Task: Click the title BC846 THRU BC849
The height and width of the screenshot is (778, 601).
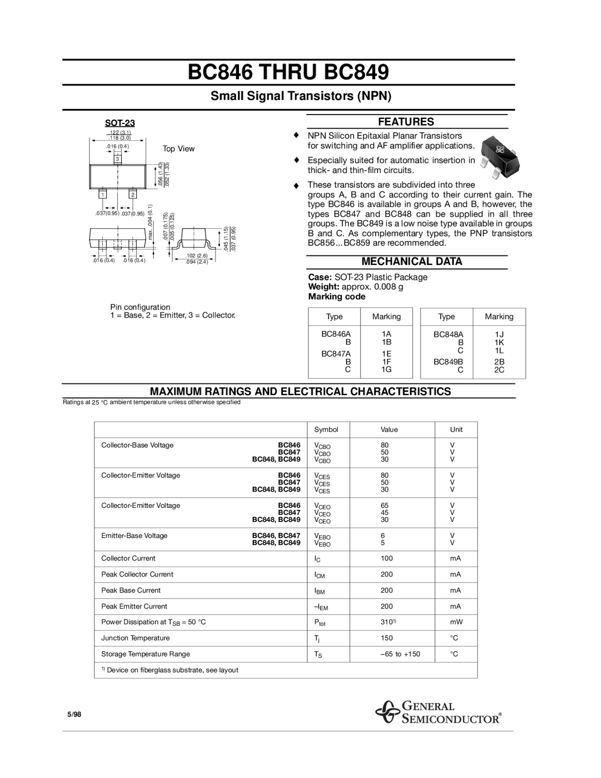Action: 288,73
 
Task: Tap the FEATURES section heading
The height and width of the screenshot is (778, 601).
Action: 406,122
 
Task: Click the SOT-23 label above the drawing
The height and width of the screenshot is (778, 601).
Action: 120,123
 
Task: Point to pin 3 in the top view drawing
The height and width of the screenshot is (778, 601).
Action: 117,159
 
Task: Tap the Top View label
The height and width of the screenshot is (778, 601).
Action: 178,149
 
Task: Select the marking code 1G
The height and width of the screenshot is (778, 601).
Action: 386,370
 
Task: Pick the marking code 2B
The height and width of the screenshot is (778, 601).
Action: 499,362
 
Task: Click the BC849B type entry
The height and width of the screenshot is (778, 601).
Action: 448,362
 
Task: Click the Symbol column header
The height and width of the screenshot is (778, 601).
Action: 326,429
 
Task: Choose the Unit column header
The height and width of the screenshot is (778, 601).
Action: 456,429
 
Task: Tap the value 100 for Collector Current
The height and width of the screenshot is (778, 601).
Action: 387,558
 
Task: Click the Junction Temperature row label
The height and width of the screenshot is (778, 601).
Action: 135,638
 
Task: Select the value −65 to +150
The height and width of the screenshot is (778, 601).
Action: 400,654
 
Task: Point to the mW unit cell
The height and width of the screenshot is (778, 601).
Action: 456,622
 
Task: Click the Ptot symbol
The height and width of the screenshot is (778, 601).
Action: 320,622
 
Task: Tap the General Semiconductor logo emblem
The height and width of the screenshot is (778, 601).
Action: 387,712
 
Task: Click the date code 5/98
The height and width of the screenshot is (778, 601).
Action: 74,715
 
